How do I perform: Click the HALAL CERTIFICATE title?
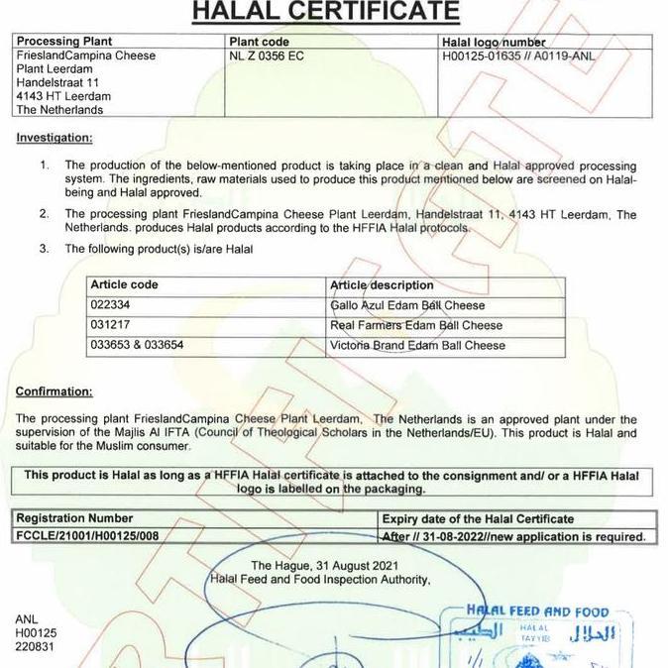(325, 11)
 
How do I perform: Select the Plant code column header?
(259, 42)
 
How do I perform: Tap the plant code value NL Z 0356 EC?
(266, 56)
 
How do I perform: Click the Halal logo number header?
(494, 42)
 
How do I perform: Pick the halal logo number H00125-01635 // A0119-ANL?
(518, 56)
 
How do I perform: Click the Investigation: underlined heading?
(55, 138)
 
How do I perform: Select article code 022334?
(110, 305)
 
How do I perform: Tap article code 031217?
(110, 325)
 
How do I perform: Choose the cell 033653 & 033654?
(137, 345)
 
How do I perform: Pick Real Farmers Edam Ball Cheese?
(416, 325)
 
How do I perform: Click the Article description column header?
(382, 285)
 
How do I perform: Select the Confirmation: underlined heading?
(55, 391)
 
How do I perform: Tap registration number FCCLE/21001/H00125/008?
(88, 536)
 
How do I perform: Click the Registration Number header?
(74, 518)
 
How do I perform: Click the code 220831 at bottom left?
(35, 646)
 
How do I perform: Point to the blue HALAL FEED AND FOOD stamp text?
(539, 612)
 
